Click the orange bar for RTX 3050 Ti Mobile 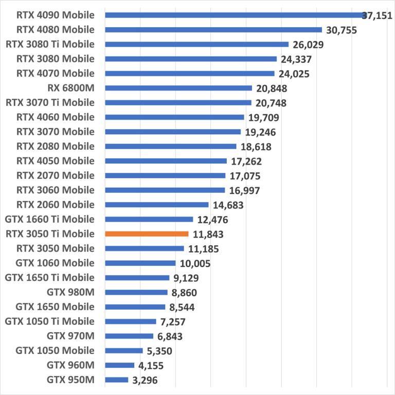coord(147,234)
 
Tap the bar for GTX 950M coord(117,380)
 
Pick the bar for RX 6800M coord(178,88)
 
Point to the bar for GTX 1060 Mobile coord(140,263)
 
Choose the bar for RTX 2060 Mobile coord(157,205)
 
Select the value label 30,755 coord(341,30)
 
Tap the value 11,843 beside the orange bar coord(208,235)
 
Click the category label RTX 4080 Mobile coord(56,29)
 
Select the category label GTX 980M coord(70,292)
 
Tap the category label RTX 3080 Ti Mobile coord(50,44)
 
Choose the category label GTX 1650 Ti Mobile coord(50,278)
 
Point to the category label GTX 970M coord(70,336)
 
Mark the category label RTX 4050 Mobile coord(56,160)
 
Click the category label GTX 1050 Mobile coord(55,351)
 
